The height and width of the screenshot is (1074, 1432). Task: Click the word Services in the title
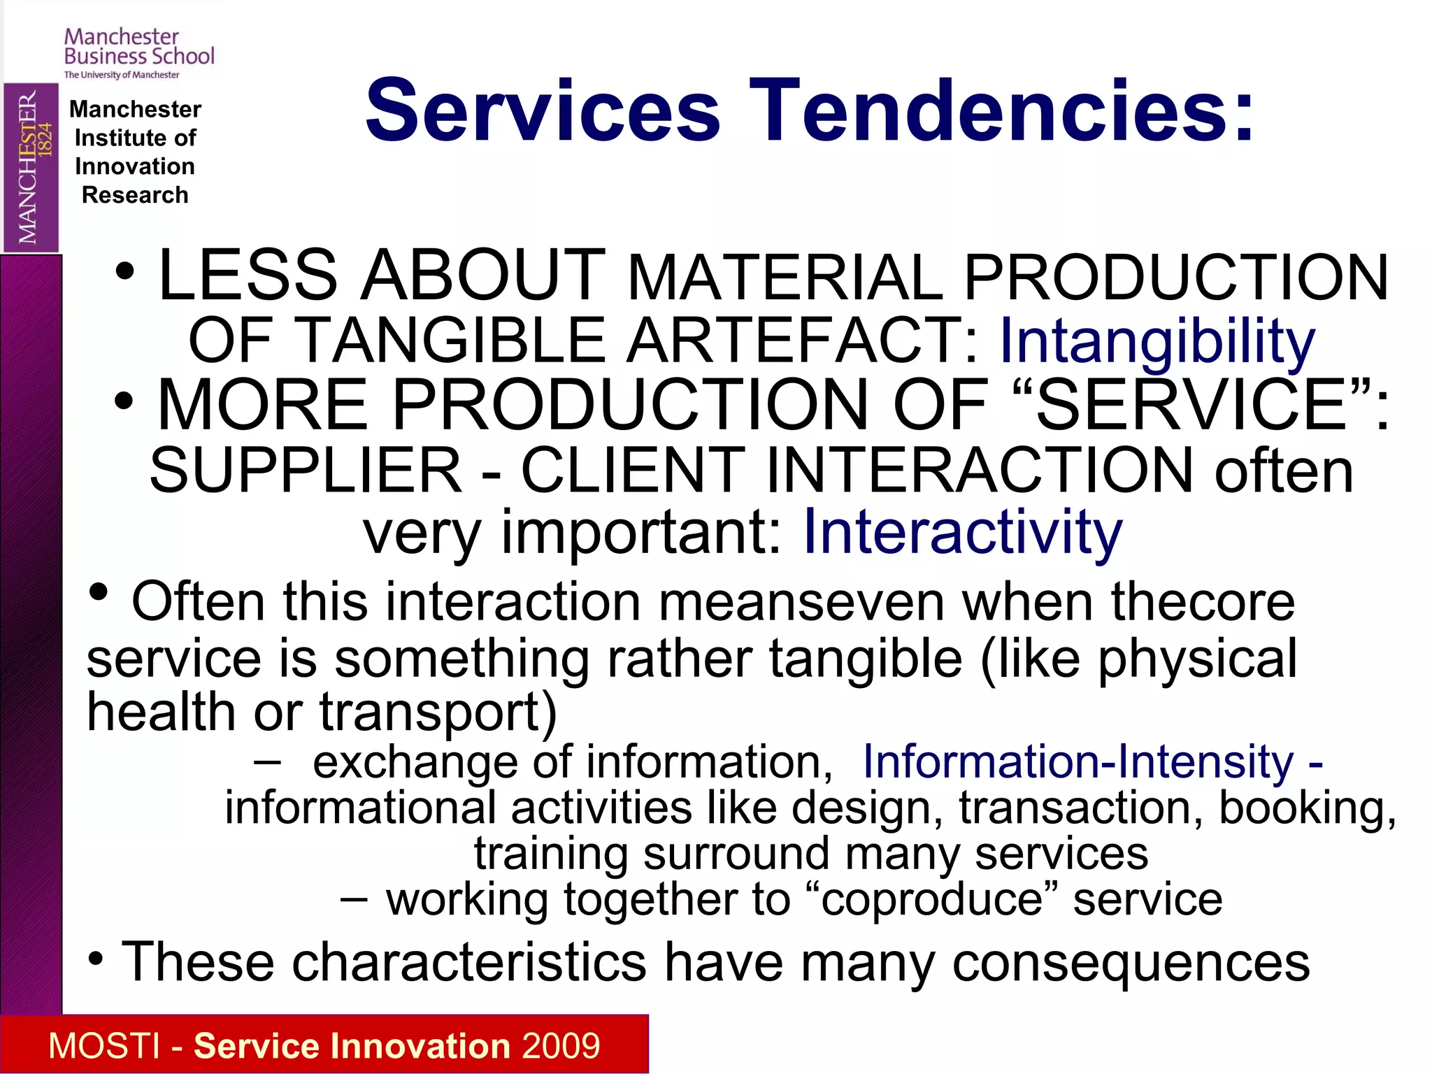pos(543,110)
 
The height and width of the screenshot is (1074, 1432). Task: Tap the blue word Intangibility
pos(1157,341)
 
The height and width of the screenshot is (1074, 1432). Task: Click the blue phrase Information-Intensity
pos(1078,761)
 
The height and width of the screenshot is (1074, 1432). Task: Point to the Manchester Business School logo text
pos(138,48)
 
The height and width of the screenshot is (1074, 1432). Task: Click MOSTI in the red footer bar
pos(104,1046)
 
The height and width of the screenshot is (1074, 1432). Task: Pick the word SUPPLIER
pos(306,471)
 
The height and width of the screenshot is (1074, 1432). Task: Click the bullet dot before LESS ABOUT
pos(125,273)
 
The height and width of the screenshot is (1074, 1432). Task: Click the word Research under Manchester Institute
pos(135,195)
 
